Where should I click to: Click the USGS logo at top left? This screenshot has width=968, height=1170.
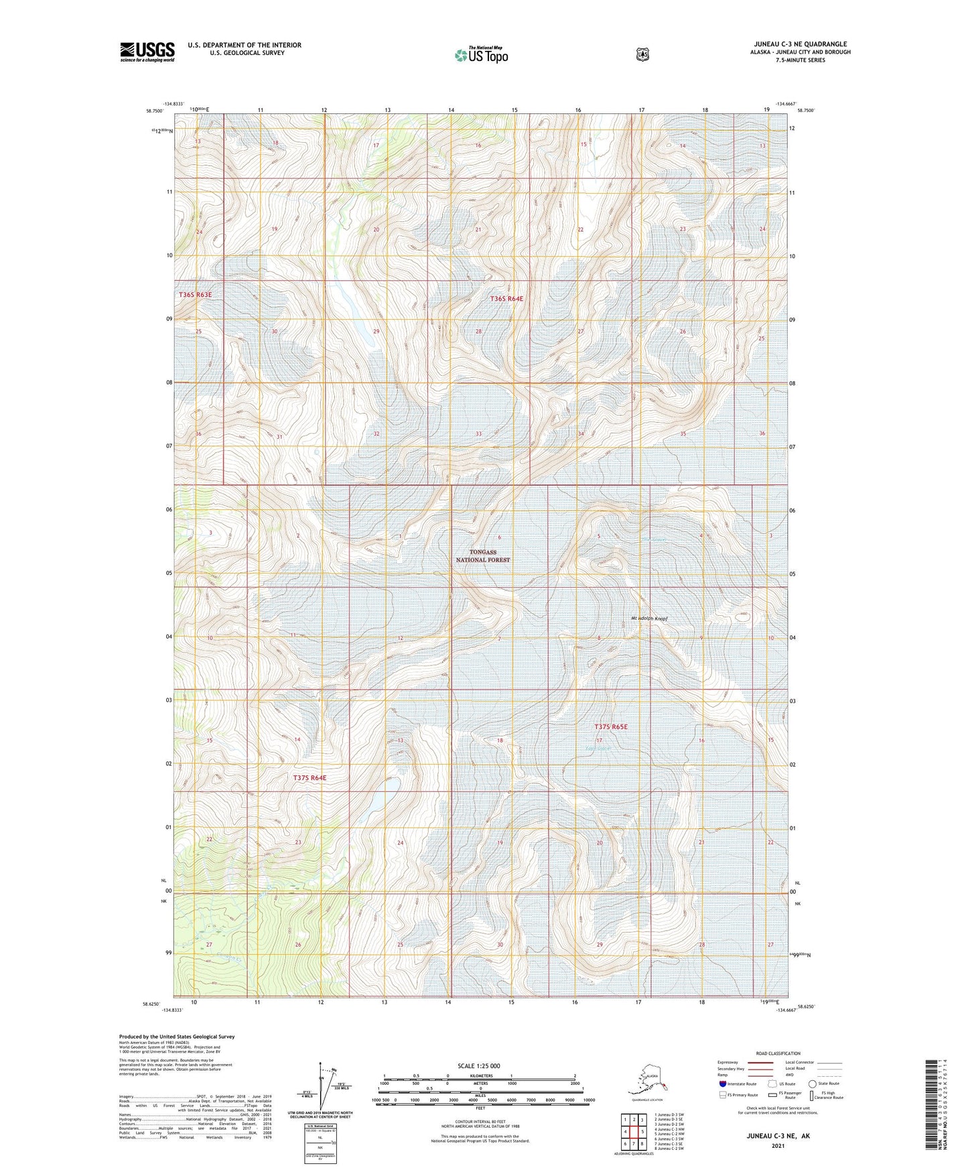click(147, 52)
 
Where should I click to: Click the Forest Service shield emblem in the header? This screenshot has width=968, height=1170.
click(642, 54)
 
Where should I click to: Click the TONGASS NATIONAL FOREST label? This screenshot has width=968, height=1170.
click(482, 556)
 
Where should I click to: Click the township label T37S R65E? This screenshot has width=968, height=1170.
click(611, 726)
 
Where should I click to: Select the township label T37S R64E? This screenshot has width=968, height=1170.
click(309, 778)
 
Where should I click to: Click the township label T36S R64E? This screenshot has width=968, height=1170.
click(506, 299)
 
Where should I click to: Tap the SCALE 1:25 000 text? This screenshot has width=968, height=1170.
click(479, 1066)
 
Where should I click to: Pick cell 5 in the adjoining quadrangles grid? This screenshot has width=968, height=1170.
click(642, 1131)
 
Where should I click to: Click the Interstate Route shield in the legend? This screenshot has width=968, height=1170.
click(722, 1084)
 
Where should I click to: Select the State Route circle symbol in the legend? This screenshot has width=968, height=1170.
click(812, 1084)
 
